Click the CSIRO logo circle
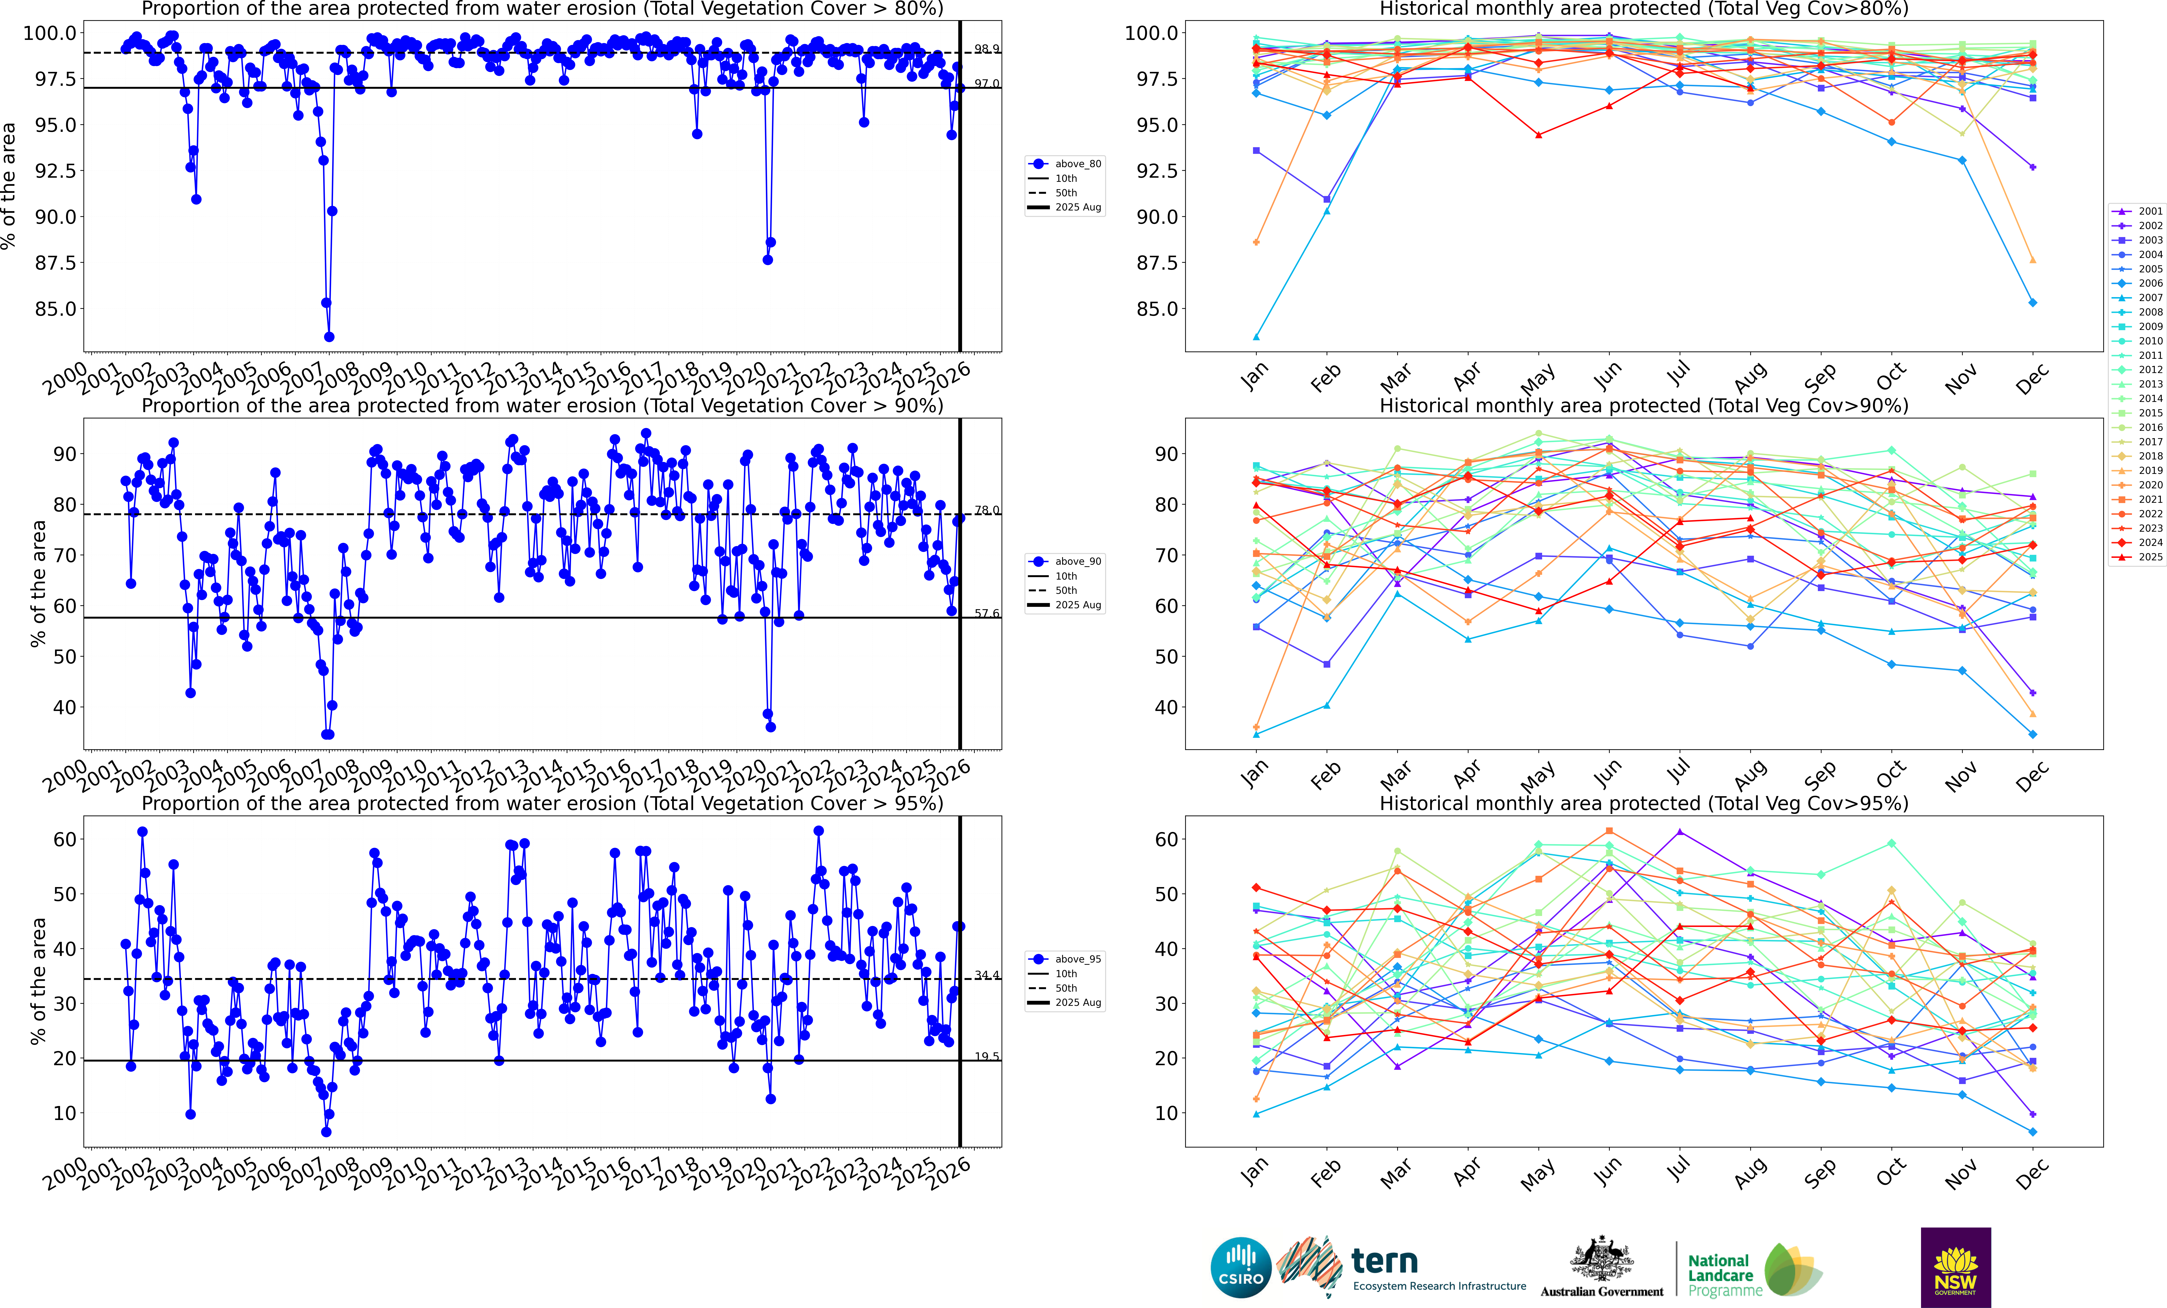(1241, 1268)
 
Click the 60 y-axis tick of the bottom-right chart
(1166, 839)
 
